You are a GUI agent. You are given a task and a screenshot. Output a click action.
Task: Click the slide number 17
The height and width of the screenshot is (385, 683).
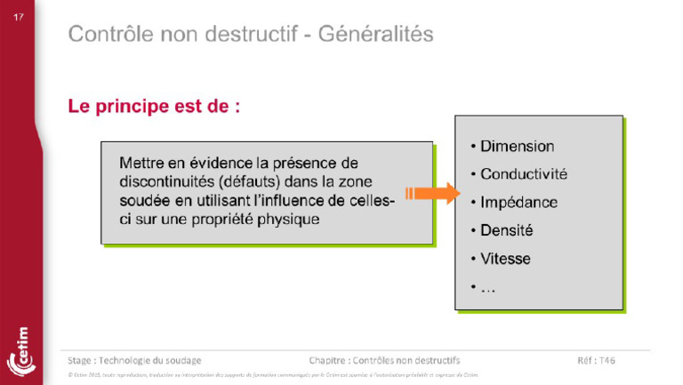(18, 17)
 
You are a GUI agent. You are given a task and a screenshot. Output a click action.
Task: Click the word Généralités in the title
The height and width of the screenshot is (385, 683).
(377, 35)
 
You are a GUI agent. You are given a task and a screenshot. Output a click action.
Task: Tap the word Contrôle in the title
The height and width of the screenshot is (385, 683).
(111, 35)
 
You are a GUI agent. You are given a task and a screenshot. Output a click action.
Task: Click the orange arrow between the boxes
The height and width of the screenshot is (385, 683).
(430, 193)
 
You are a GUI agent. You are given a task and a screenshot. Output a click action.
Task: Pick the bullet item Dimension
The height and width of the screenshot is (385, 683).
(517, 147)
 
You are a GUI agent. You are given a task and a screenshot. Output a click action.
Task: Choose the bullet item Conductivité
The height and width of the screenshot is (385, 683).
(523, 174)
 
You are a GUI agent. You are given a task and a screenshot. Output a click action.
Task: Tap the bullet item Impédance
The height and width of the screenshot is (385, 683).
(518, 203)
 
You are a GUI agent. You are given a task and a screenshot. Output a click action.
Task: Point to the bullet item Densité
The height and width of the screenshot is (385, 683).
(506, 230)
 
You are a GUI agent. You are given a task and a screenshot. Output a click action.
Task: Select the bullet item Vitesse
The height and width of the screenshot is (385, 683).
(505, 259)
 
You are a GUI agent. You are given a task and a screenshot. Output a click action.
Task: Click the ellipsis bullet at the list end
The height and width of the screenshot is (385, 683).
(487, 287)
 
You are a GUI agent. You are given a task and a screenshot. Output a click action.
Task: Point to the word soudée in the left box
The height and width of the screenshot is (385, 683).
(144, 200)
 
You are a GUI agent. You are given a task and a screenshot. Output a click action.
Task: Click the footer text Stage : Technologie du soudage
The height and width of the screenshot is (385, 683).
(134, 360)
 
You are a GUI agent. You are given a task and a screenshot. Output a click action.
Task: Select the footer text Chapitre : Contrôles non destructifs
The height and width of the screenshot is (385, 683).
(384, 360)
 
